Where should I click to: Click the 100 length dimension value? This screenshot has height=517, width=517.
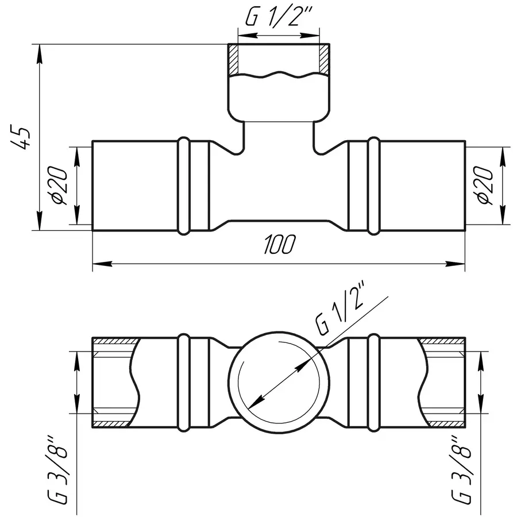pos(280,245)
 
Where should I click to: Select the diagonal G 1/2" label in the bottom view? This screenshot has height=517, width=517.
pos(342,315)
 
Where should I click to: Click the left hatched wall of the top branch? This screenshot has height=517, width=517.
pos(234,59)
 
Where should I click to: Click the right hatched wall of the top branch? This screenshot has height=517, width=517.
pos(325,59)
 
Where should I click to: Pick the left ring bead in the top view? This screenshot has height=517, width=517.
pos(184,186)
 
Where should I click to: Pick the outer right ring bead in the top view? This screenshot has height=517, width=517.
pos(375,186)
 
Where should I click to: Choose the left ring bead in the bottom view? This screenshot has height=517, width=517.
pos(184,381)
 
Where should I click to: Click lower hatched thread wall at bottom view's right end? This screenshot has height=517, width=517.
pos(443,422)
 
